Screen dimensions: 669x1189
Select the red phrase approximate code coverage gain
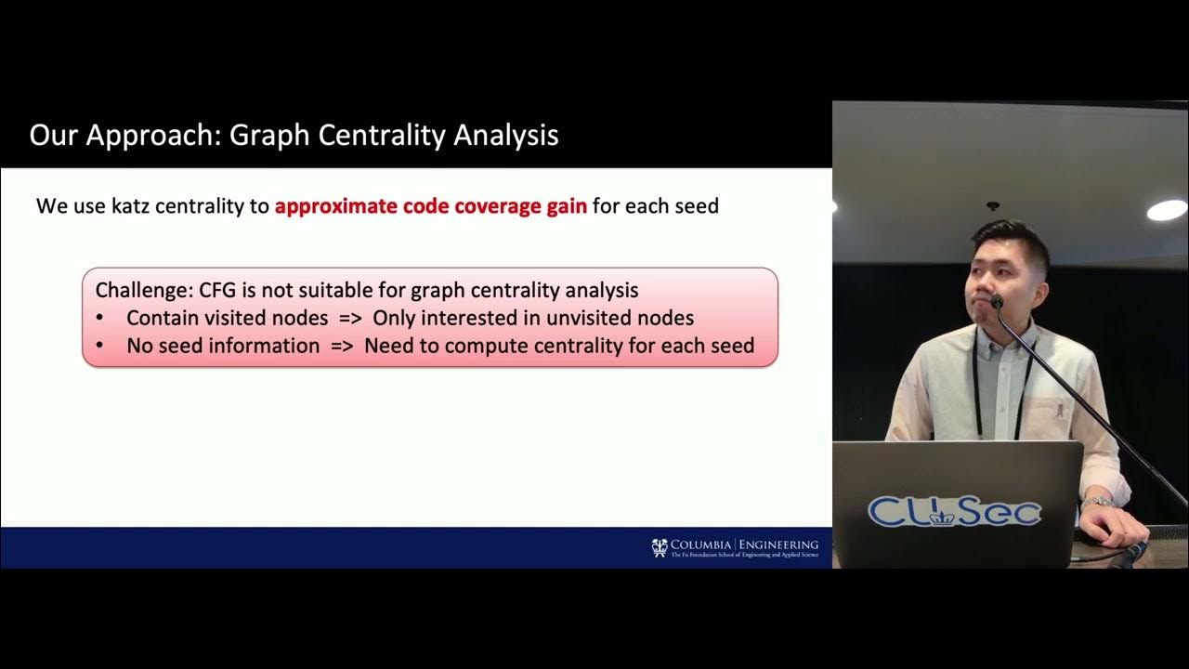pos(430,205)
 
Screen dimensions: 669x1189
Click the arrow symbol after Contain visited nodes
pos(349,318)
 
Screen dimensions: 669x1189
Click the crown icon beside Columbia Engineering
pos(660,546)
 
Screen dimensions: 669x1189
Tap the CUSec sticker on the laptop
pos(954,511)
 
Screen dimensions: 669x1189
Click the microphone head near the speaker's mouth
pos(996,301)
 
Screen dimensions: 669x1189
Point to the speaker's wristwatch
pos(1097,503)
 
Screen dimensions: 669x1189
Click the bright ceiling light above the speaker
pos(1167,210)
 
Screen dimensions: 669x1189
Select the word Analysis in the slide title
pos(505,136)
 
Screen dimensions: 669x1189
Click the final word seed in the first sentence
pos(695,205)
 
